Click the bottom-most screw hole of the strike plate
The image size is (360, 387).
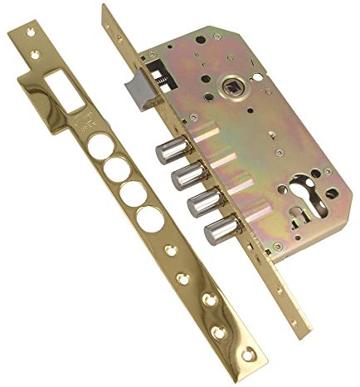[220, 333]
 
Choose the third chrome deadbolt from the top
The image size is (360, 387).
[201, 202]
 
